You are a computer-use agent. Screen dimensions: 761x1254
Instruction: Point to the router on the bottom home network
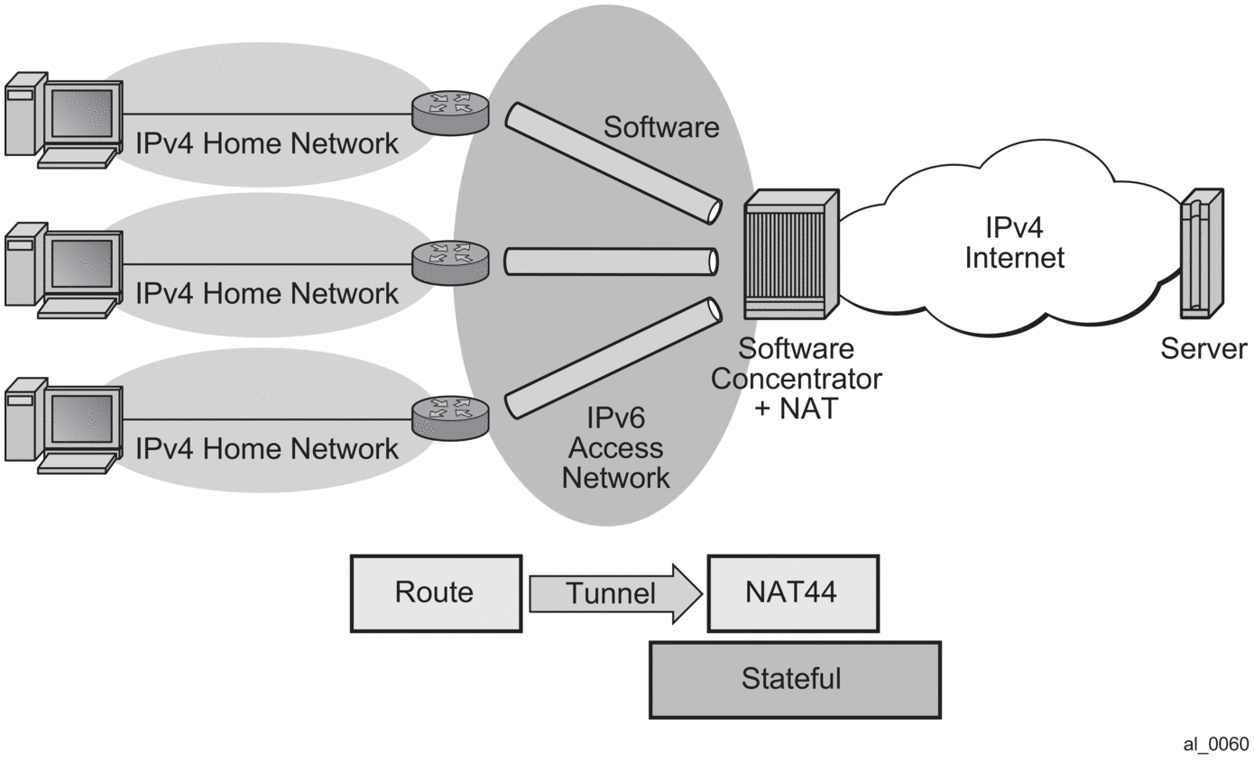pyautogui.click(x=450, y=417)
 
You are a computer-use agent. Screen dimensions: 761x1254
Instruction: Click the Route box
pyautogui.click(x=436, y=593)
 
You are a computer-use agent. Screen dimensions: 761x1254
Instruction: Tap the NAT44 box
pyautogui.click(x=792, y=593)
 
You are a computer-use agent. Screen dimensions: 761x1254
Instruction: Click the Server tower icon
pyautogui.click(x=1203, y=255)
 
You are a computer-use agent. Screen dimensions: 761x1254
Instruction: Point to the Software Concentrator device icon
pyautogui.click(x=791, y=256)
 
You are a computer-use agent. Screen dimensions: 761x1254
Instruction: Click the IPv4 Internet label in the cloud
pyautogui.click(x=1014, y=243)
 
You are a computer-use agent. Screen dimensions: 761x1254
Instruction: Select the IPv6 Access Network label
pyautogui.click(x=615, y=448)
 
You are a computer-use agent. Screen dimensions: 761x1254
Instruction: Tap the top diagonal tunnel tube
pyautogui.click(x=613, y=162)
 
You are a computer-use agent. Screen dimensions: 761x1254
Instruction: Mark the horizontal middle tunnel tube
pyautogui.click(x=611, y=261)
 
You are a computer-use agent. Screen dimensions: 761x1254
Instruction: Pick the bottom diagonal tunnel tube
pyautogui.click(x=613, y=359)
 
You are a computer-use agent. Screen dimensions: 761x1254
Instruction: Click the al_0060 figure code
pyautogui.click(x=1216, y=744)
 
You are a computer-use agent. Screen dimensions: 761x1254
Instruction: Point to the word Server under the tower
pyautogui.click(x=1203, y=349)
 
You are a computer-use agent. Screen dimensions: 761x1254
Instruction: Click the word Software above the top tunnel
pyautogui.click(x=661, y=127)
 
